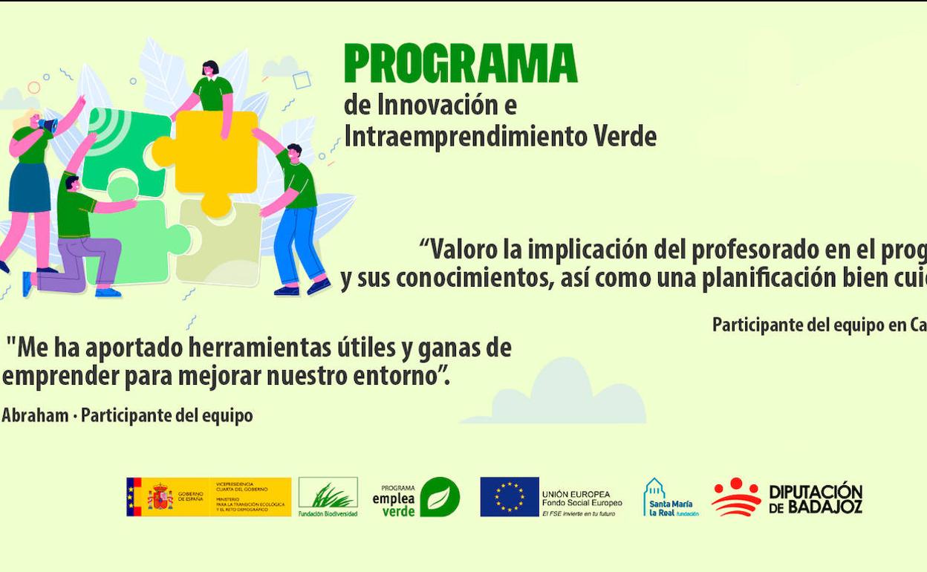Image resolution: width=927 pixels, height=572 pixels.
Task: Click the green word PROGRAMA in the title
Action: click(461, 64)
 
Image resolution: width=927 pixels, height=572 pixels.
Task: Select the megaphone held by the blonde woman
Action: click(48, 126)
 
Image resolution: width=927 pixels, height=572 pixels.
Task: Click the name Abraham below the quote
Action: click(35, 416)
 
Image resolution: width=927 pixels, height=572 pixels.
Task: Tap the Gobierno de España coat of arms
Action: click(160, 497)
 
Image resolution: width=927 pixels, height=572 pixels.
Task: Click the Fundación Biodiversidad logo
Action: click(328, 496)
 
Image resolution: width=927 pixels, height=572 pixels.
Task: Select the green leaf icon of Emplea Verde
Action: click(440, 497)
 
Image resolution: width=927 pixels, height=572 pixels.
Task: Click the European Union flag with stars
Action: click(510, 497)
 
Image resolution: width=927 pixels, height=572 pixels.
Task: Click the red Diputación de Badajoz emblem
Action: click(736, 497)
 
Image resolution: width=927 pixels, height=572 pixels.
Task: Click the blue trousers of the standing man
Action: click(299, 245)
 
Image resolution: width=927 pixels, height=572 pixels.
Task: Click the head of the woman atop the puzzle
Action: click(211, 69)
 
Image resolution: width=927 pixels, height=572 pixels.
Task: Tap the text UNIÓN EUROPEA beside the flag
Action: click(576, 494)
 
